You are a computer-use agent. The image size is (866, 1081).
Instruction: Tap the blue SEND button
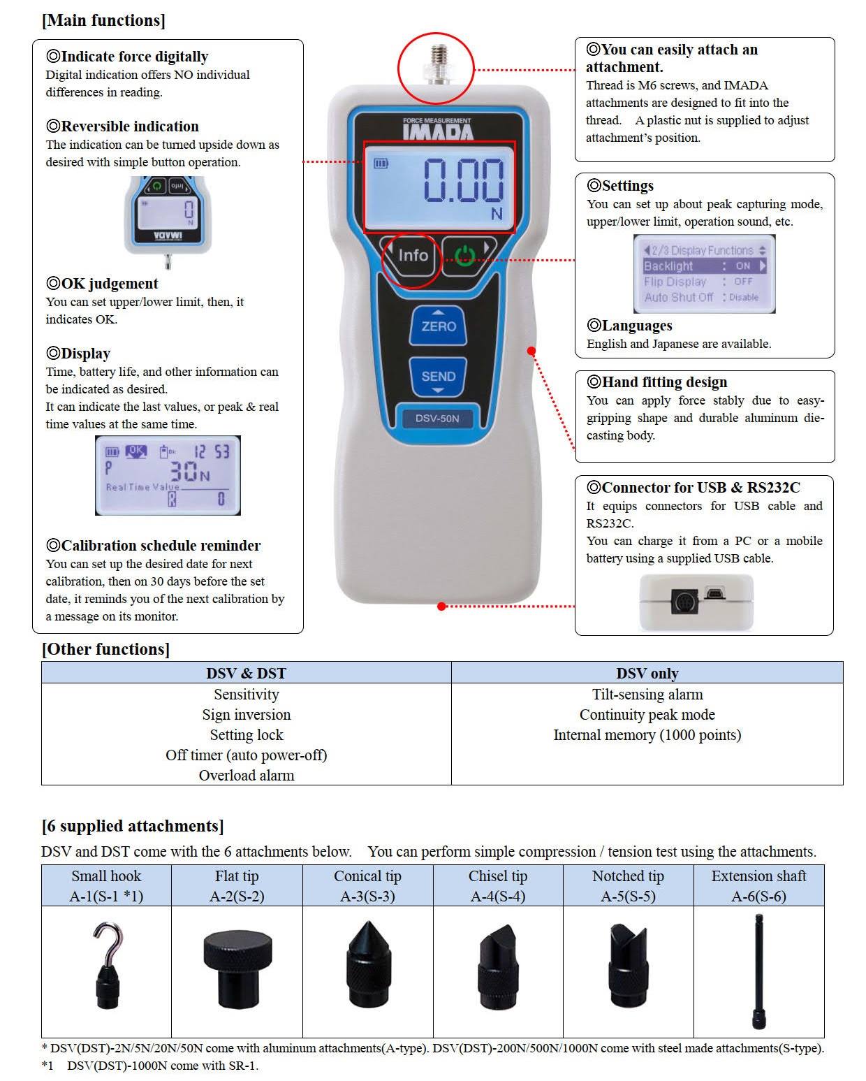[x=438, y=376]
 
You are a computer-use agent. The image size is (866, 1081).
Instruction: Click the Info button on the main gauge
[x=413, y=256]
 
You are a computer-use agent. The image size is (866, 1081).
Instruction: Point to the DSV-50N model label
[x=437, y=419]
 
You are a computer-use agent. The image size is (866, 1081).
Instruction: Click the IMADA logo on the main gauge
[x=437, y=130]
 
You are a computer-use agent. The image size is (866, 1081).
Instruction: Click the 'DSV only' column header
[x=647, y=674]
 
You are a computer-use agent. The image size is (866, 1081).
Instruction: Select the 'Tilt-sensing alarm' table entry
[x=647, y=695]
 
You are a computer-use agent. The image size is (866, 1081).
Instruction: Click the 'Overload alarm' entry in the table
[x=246, y=775]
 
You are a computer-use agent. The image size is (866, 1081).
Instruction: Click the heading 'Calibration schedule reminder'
[x=161, y=546]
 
